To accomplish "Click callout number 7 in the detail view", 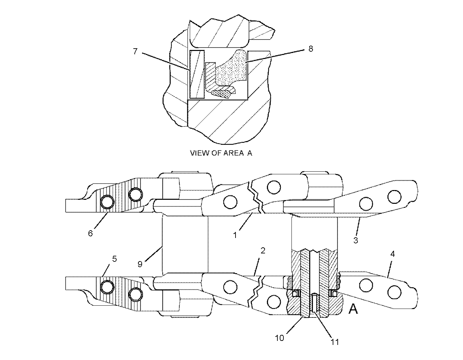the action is (x=135, y=51).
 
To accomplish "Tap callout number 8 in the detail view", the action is (x=311, y=49).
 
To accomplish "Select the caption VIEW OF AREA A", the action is (x=221, y=153).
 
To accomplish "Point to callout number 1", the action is (x=235, y=235).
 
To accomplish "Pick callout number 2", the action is (x=263, y=251).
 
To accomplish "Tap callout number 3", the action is (x=355, y=240).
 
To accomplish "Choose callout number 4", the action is (x=392, y=254).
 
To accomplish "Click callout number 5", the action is (x=115, y=259).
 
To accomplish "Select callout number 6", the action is (x=90, y=233).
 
